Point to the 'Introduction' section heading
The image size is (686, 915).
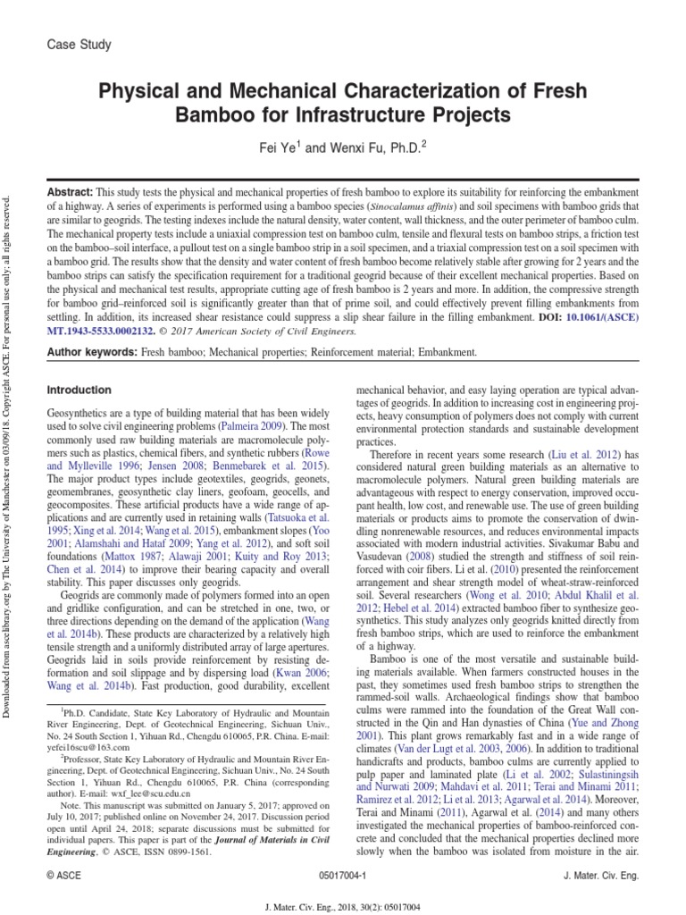[x=79, y=390]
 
